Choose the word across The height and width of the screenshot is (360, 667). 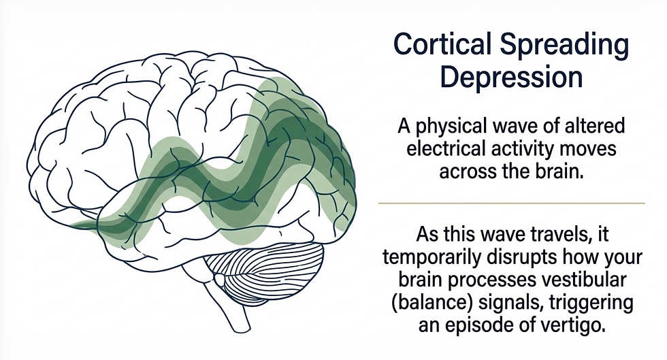(x=462, y=172)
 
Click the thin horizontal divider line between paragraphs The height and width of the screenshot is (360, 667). (x=511, y=203)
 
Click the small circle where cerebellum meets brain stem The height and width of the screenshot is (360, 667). (x=219, y=279)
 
